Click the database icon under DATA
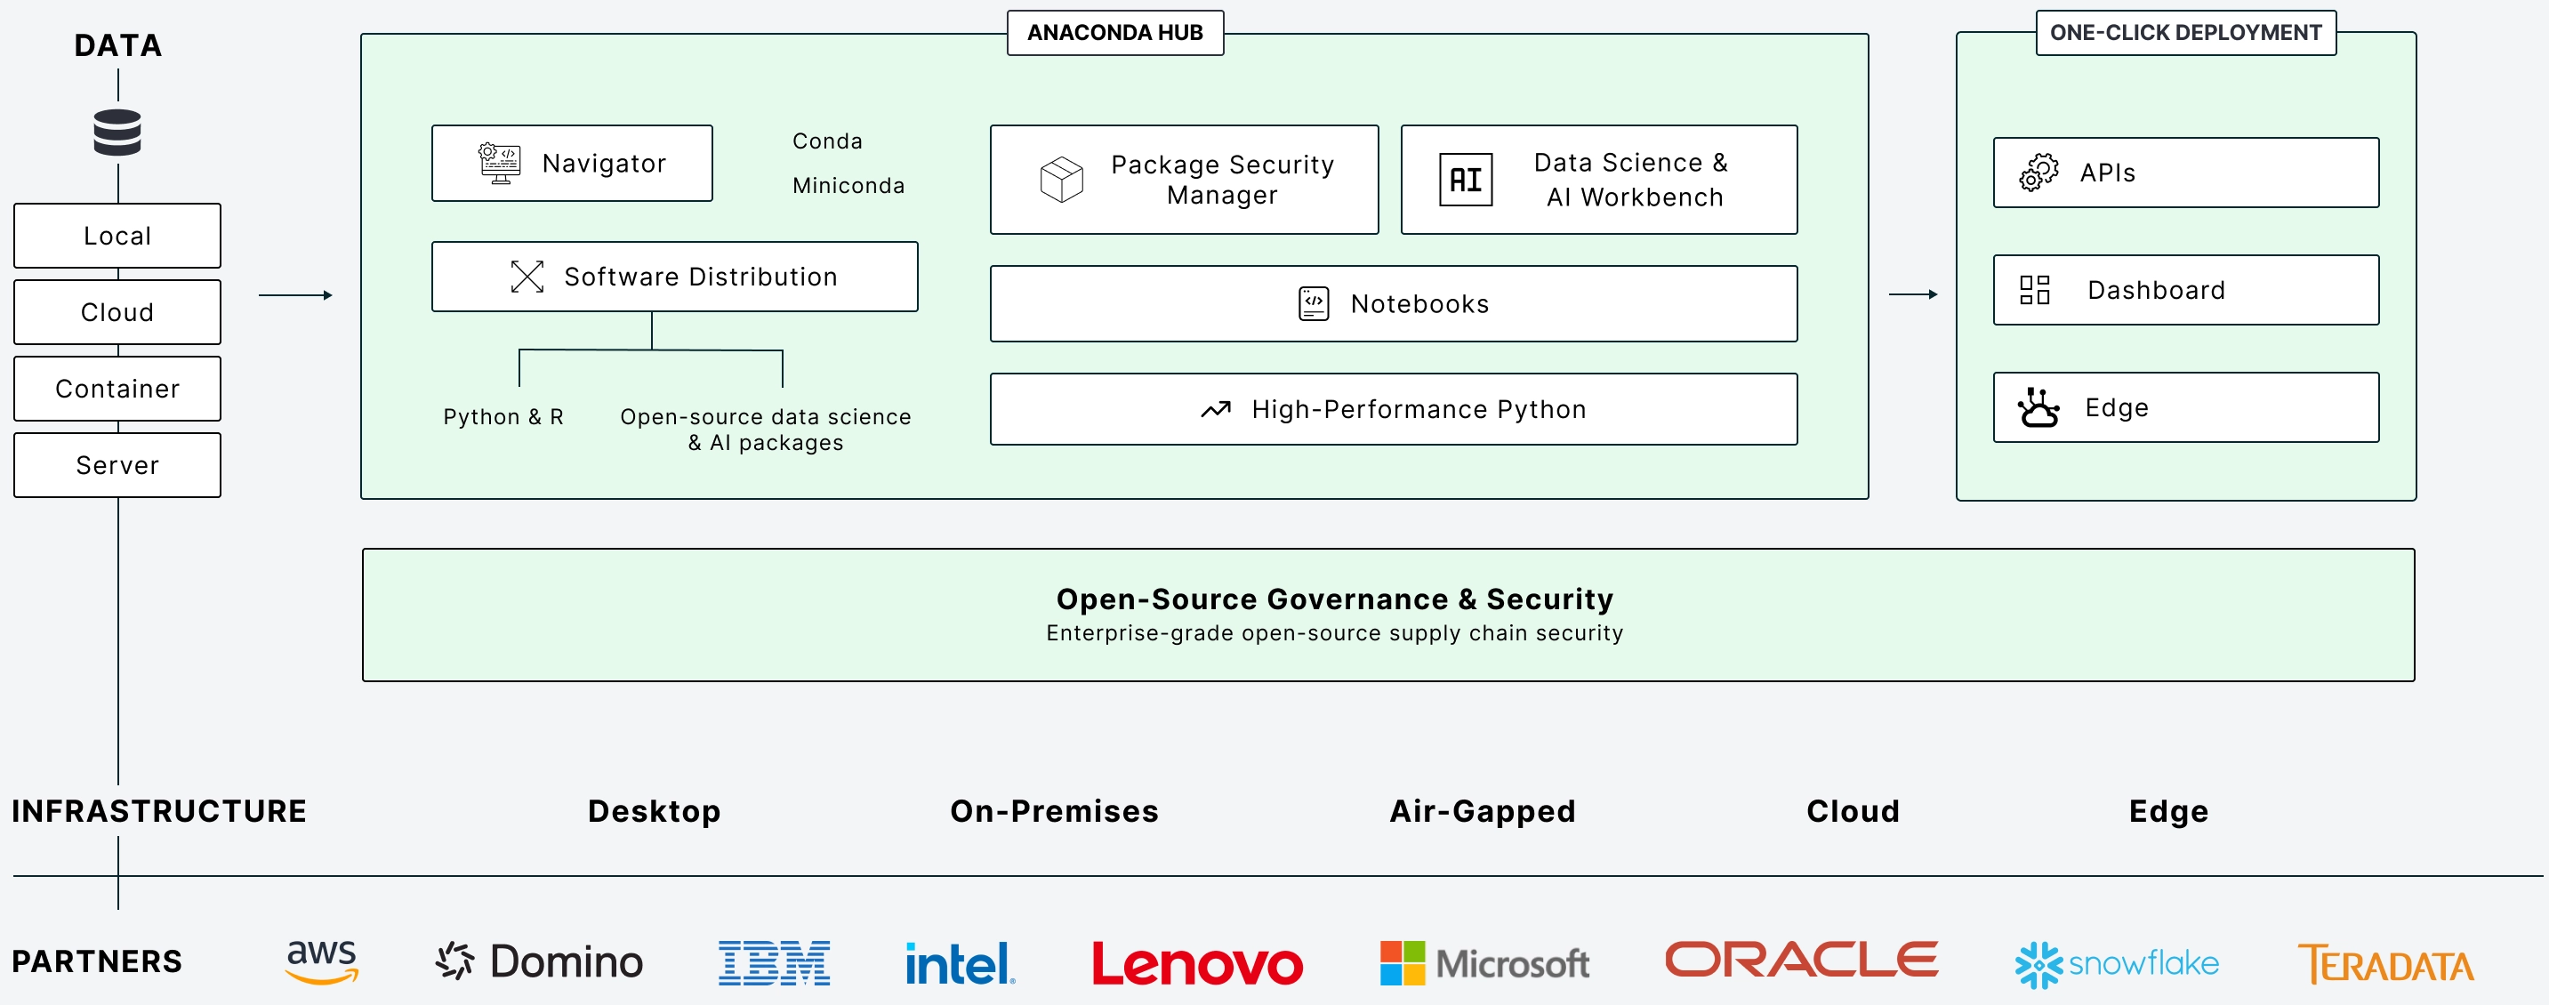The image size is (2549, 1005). [117, 133]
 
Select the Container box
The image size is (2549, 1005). [117, 389]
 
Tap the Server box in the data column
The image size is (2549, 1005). [117, 465]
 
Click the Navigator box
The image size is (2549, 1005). [572, 164]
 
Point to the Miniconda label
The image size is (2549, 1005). [848, 186]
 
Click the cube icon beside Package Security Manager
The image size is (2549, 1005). [1061, 179]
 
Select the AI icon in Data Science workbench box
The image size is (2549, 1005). [1465, 180]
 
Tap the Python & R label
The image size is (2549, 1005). [503, 416]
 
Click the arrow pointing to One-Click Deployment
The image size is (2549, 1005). [1912, 293]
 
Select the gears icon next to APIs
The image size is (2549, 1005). [2038, 173]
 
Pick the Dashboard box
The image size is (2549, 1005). [2185, 290]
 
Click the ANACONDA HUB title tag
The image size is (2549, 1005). [1114, 33]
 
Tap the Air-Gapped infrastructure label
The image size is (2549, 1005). [1482, 811]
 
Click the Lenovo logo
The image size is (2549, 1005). [1196, 963]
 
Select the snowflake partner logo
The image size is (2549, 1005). [2117, 963]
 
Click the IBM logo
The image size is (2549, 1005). [774, 963]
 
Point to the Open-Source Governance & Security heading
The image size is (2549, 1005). [1334, 599]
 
